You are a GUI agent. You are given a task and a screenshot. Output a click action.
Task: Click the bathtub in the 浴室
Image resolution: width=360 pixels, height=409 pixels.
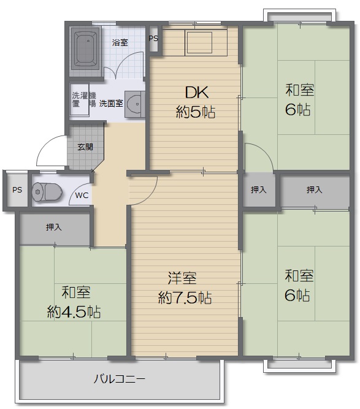[86, 49]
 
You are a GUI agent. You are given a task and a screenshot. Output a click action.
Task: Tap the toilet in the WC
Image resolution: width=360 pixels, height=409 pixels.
[47, 192]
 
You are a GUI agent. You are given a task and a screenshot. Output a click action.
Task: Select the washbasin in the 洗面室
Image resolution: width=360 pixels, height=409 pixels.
[134, 104]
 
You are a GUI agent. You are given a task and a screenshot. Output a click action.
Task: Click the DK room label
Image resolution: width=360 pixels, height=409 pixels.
[197, 92]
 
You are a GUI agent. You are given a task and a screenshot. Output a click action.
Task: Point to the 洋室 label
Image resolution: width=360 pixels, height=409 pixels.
[182, 278]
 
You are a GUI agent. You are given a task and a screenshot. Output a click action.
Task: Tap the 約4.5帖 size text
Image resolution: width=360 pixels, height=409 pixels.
[74, 312]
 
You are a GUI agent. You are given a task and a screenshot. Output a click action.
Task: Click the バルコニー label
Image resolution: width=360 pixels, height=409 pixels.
[119, 379]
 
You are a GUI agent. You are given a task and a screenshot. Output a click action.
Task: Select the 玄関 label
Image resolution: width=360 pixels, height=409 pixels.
[85, 147]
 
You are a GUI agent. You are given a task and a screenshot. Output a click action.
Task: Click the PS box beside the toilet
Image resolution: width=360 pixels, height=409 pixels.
[17, 190]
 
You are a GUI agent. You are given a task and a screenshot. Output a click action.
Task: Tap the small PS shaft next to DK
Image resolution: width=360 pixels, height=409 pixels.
[154, 39]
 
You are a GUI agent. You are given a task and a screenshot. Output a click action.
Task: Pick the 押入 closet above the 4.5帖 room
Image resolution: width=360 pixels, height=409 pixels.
[55, 229]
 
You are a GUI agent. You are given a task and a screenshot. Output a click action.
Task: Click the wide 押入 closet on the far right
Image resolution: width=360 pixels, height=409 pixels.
[315, 191]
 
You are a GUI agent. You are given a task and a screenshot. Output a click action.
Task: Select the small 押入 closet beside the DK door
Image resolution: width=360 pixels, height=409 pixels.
[259, 189]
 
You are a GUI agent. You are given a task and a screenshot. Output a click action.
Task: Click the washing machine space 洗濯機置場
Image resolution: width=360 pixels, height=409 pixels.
[80, 99]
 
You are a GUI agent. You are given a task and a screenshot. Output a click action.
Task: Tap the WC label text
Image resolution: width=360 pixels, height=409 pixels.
[82, 196]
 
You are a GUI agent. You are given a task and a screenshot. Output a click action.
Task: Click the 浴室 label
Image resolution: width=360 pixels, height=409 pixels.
[120, 42]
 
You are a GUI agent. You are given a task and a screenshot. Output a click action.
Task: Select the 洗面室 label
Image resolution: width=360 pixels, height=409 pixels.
[111, 103]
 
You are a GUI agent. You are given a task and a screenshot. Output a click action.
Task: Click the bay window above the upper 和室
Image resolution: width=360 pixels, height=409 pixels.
[299, 15]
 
